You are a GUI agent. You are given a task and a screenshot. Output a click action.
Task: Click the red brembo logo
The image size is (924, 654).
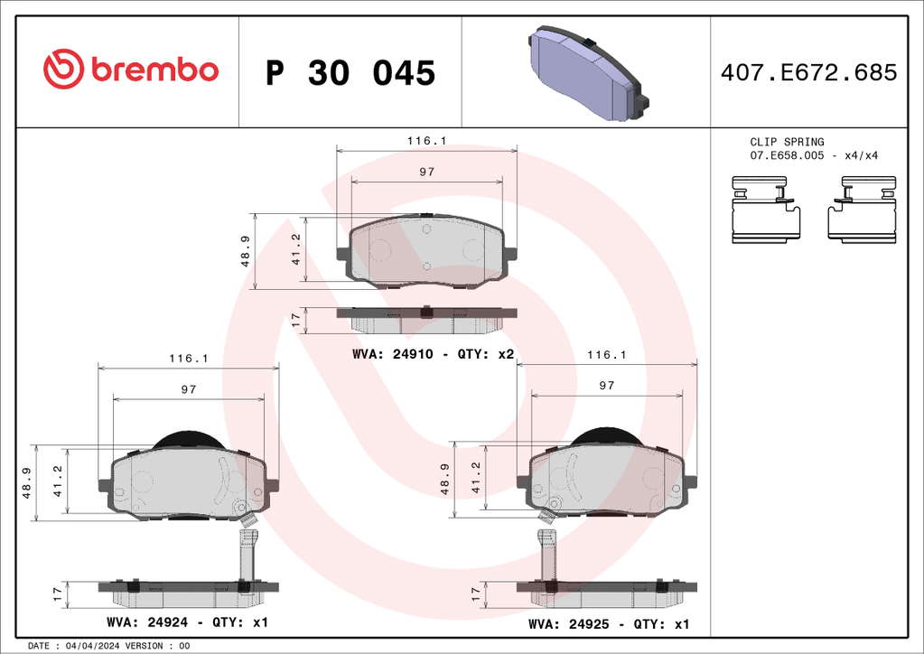pyautogui.click(x=131, y=70)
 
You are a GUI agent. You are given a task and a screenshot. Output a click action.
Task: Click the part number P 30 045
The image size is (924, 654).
pyautogui.click(x=350, y=73)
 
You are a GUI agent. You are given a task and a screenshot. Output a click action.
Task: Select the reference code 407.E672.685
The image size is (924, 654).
pyautogui.click(x=808, y=72)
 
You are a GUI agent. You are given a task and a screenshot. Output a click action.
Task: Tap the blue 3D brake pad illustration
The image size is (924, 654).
pyautogui.click(x=588, y=72)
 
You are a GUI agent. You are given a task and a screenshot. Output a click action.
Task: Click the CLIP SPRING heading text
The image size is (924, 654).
pyautogui.click(x=787, y=142)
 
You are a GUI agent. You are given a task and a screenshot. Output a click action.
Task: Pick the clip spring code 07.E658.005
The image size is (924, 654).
pyautogui.click(x=787, y=155)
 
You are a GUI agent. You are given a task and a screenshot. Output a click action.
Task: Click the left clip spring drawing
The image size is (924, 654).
pyautogui.click(x=766, y=210)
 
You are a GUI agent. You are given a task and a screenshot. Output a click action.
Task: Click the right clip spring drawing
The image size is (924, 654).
pyautogui.click(x=862, y=209)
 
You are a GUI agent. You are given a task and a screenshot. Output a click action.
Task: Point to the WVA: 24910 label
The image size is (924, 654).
pyautogui.click(x=393, y=354)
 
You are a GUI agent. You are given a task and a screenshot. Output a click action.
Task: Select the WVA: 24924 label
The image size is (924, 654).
pyautogui.click(x=147, y=622)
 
